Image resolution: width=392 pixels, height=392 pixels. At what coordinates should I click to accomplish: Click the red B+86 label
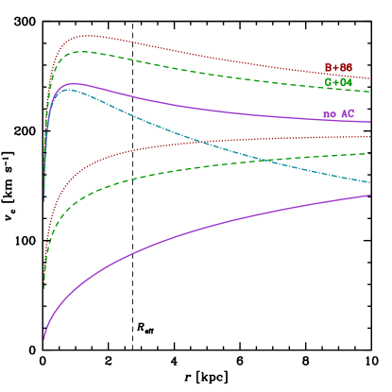coord(338,68)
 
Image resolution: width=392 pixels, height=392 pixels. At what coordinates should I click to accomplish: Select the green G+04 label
coord(338,83)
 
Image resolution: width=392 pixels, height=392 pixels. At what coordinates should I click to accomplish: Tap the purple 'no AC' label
coord(338,114)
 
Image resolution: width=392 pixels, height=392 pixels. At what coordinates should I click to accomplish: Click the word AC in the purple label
coord(348,114)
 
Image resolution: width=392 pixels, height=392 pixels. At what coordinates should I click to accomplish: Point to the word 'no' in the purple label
coord(330,115)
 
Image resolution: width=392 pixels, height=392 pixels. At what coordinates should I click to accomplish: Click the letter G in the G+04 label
coord(329,83)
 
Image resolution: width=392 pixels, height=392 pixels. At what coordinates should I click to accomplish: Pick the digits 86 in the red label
coord(347,68)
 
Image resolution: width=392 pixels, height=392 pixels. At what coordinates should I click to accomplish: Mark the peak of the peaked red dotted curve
coord(85,36)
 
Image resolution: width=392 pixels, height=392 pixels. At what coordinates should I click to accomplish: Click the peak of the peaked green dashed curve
coord(81,52)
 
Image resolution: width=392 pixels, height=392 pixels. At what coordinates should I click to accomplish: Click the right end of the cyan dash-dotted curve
coord(369,182)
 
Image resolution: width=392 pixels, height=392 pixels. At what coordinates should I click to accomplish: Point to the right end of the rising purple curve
coord(369,196)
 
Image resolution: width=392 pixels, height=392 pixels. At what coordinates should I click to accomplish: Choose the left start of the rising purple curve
coord(43,338)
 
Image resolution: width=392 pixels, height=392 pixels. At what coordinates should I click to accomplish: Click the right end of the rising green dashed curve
coord(369,153)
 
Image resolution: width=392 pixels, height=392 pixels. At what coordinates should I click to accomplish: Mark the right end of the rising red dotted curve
coord(369,137)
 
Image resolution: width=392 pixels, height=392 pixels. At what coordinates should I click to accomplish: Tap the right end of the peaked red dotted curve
coord(369,78)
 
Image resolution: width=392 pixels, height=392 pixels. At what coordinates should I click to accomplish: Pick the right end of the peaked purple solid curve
coord(369,122)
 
